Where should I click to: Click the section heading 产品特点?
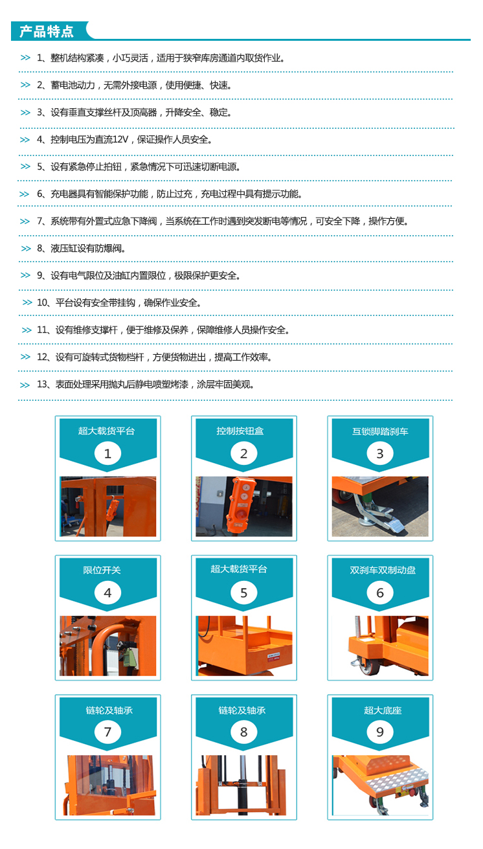[47, 31]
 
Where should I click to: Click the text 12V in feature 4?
[120, 139]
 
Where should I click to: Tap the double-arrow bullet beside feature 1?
[25, 58]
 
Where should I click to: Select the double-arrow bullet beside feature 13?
[25, 385]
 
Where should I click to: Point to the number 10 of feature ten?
[41, 302]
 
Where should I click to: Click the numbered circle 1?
[107, 453]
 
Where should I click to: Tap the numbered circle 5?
[243, 593]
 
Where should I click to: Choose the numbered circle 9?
[380, 732]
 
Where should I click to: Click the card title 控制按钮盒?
[240, 431]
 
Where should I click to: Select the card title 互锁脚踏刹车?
[380, 431]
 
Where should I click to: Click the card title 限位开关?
[102, 570]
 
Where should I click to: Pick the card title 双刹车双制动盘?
[383, 570]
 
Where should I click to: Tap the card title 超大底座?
[383, 710]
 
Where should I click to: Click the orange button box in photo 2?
[241, 504]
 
